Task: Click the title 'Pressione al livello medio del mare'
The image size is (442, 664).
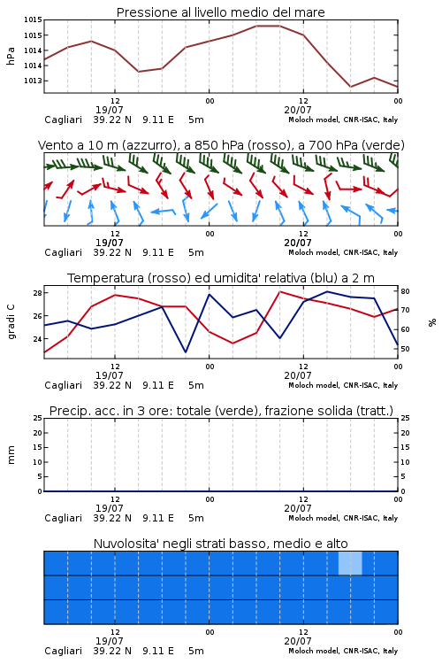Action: click(220, 12)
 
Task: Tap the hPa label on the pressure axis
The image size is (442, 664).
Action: click(11, 56)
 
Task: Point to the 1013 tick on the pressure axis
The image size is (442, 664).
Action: click(33, 81)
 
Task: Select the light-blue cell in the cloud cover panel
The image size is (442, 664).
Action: click(350, 563)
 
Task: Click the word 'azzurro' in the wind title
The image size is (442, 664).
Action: click(149, 146)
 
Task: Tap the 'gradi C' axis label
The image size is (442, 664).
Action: click(11, 321)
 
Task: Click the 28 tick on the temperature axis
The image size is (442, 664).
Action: click(37, 293)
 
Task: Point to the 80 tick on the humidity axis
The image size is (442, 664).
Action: click(405, 291)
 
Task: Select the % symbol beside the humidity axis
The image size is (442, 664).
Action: click(432, 322)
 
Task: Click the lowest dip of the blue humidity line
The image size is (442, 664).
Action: click(186, 351)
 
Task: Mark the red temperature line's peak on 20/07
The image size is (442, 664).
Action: click(279, 292)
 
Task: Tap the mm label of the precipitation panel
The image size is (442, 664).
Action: click(11, 455)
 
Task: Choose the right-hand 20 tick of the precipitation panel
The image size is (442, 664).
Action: click(405, 433)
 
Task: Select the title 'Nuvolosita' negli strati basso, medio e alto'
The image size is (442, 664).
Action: click(220, 544)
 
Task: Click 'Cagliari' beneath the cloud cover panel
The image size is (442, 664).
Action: click(64, 651)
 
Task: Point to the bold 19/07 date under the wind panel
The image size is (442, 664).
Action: click(109, 243)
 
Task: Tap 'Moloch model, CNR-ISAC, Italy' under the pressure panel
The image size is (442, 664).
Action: click(343, 120)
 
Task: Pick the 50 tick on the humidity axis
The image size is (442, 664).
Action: click(405, 349)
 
